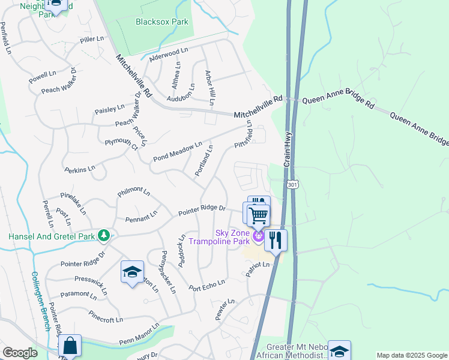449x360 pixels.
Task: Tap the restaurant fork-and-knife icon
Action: click(x=276, y=240)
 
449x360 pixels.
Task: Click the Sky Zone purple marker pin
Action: click(x=259, y=238)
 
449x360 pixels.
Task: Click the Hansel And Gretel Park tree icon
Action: click(x=104, y=236)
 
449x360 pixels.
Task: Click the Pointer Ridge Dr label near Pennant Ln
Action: click(x=202, y=210)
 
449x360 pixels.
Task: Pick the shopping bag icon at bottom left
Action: click(x=70, y=346)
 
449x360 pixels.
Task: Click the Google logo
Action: click(x=20, y=352)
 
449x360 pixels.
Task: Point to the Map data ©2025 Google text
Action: click(x=411, y=355)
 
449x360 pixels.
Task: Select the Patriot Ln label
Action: click(x=256, y=268)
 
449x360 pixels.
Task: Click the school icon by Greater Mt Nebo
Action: click(x=339, y=350)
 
